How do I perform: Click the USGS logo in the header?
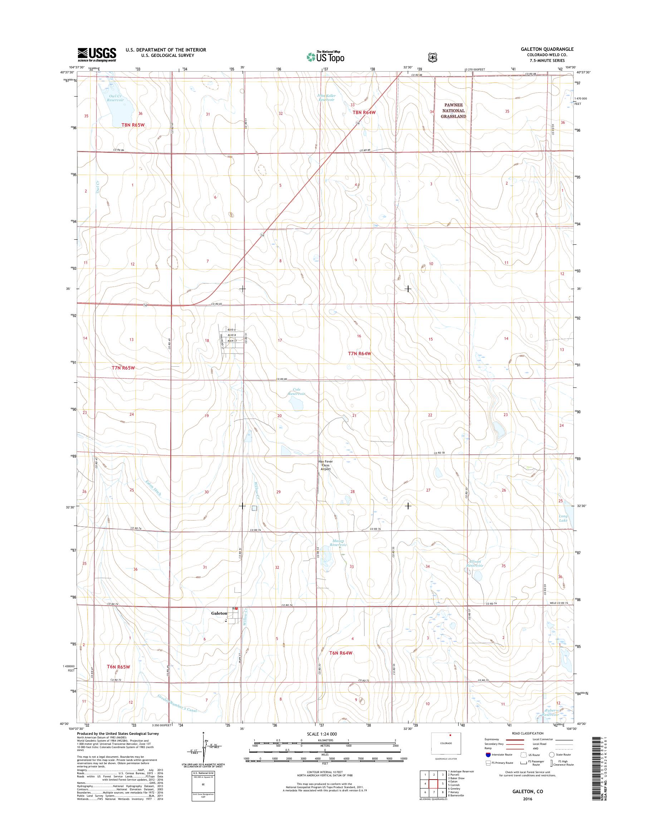(97, 54)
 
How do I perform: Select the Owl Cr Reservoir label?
(116, 98)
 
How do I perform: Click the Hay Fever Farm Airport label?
(325, 465)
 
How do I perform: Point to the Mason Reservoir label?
(338, 543)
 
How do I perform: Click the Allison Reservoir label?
(475, 563)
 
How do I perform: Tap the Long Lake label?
(563, 518)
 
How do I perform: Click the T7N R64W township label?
(359, 353)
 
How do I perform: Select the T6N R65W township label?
(118, 667)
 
